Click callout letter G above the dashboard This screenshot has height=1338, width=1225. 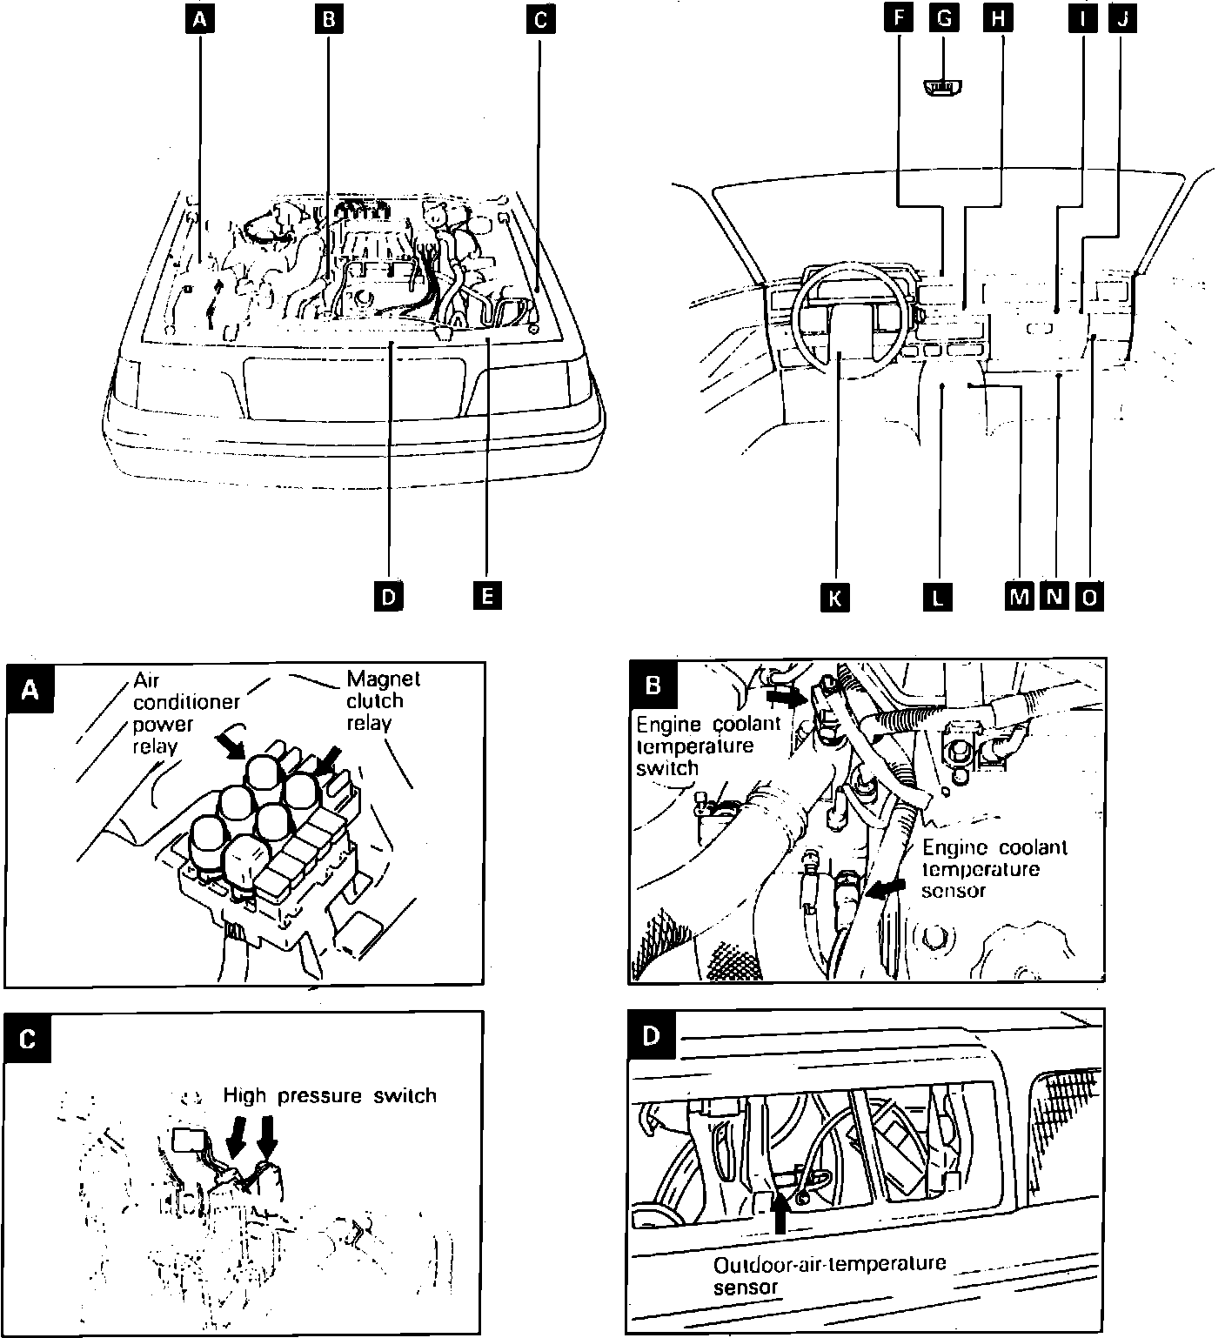[x=942, y=19]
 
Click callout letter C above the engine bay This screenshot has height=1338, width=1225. [x=539, y=19]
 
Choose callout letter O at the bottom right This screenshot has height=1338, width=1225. [x=1089, y=596]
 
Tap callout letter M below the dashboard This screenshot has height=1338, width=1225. [x=1018, y=596]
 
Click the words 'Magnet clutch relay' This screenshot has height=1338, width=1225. [x=382, y=700]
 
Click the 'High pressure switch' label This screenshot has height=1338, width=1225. [x=330, y=1095]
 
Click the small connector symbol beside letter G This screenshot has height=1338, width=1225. [x=942, y=88]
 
